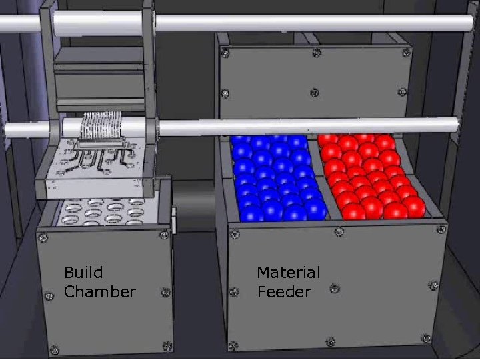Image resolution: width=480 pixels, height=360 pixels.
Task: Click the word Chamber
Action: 99,292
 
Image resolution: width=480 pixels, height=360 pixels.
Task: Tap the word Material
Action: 288,273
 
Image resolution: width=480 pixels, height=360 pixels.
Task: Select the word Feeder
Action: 283,292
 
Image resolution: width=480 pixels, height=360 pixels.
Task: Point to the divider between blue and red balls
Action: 320,177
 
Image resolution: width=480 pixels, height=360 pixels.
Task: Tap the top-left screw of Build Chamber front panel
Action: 43,236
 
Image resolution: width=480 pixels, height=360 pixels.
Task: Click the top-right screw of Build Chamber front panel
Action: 164,233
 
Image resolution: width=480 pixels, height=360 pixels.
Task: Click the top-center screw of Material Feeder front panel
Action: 341,232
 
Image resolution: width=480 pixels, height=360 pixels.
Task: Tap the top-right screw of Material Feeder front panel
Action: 441,230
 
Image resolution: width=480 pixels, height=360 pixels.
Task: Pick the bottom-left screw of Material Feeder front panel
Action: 233,345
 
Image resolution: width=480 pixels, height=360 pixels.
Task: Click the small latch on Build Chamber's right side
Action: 173,221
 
